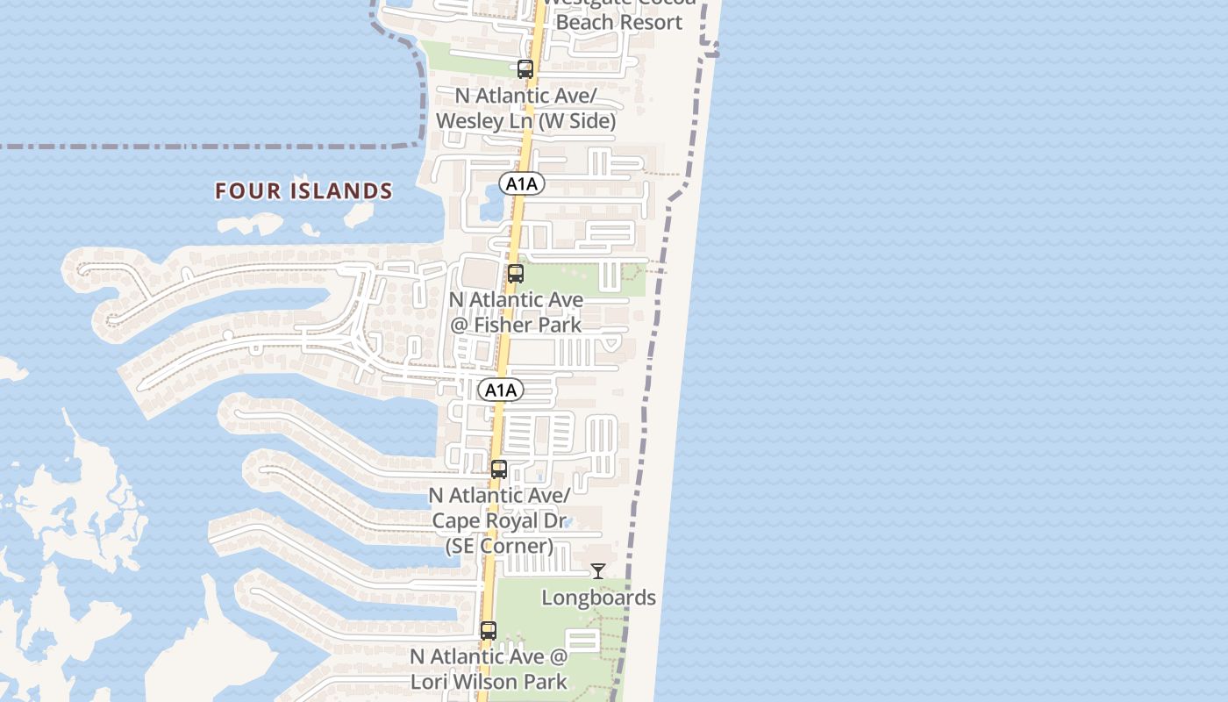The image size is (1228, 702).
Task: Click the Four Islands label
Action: click(303, 190)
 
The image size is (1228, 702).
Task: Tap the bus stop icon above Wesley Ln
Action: click(525, 69)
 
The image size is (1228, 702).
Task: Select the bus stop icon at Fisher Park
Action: click(516, 274)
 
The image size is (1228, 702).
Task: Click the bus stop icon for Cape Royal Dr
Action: click(499, 469)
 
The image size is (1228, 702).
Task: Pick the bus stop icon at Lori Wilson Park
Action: click(489, 631)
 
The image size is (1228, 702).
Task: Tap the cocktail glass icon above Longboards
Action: click(598, 572)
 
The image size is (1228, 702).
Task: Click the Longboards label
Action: click(598, 598)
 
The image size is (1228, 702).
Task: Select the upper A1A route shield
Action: click(522, 183)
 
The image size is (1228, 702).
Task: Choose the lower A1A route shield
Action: click(501, 390)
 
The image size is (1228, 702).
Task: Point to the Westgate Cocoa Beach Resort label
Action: click(619, 18)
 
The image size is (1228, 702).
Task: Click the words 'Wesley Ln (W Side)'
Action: click(525, 121)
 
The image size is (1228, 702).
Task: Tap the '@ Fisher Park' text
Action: click(516, 325)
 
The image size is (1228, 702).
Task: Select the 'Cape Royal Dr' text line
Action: click(498, 520)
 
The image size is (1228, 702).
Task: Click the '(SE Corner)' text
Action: click(499, 546)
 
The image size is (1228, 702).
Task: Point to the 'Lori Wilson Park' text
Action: click(489, 681)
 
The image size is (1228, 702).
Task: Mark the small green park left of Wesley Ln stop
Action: click(465, 57)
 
